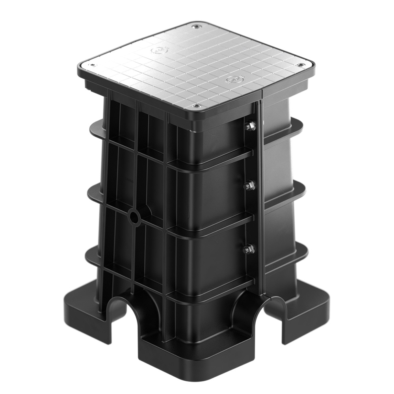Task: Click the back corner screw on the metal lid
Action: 195,26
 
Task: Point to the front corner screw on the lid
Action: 197,106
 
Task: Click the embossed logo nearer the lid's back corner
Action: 160,50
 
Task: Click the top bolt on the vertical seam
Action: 250,126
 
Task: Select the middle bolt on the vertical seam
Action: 249,185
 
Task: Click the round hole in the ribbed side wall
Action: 134,217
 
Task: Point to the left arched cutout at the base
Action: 118,311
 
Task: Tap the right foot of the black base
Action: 307,311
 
